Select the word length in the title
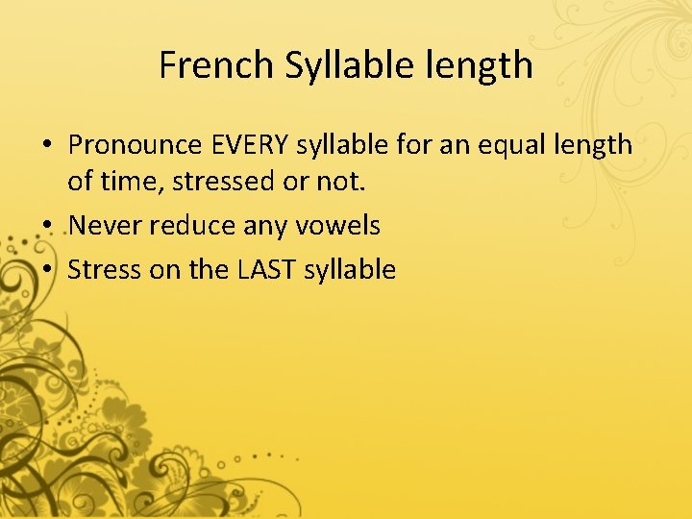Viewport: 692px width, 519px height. pyautogui.click(x=488, y=65)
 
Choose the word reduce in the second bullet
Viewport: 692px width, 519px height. pyautogui.click(x=174, y=226)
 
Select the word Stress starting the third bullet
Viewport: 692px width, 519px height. pyautogui.click(x=105, y=270)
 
